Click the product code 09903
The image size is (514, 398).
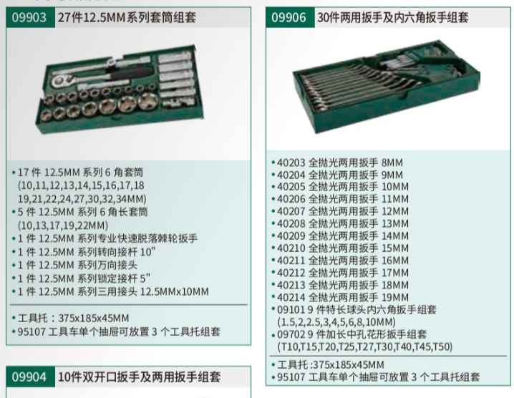[x=29, y=17]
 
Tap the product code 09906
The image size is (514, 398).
[x=288, y=17]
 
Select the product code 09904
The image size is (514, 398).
[x=29, y=377]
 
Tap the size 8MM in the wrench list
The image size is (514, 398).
[x=392, y=162]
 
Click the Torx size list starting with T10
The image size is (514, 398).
[x=365, y=346]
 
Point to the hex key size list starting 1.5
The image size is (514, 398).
[x=336, y=322]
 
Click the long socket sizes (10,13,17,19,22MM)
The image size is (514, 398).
[x=63, y=225]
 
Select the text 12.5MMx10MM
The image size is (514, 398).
[x=175, y=291]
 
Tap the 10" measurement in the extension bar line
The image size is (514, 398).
[x=148, y=252]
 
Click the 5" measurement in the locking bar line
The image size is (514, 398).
[x=145, y=278]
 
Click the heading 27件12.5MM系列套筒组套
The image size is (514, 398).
[x=127, y=17]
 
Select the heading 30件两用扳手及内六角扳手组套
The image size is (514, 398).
[x=393, y=17]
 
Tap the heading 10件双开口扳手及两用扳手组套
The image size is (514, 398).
[x=140, y=377]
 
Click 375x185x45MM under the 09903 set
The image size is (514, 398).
[x=94, y=318]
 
